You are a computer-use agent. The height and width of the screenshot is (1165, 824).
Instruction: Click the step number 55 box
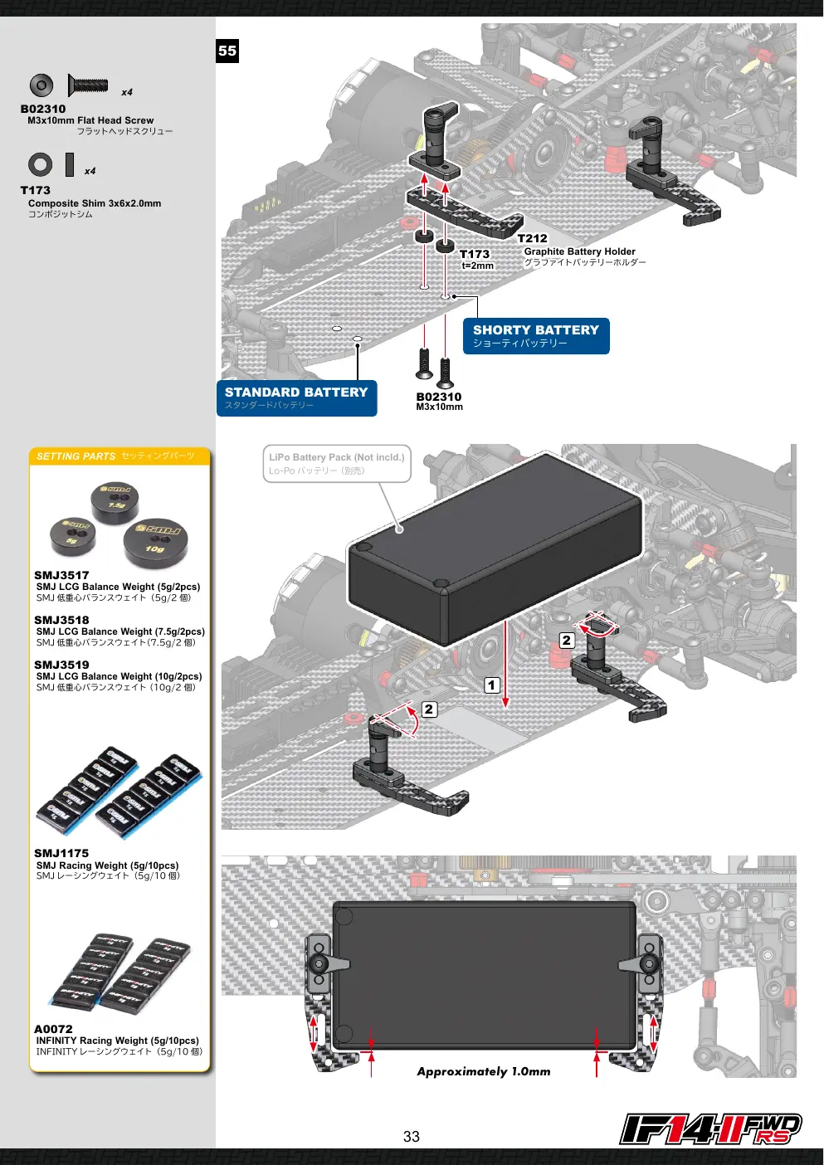tap(227, 51)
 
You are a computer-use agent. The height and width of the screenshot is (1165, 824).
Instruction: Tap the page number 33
tap(411, 1137)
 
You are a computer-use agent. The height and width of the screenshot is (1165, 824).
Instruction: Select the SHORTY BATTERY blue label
tap(536, 336)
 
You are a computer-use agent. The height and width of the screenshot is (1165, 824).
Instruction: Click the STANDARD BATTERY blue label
tap(296, 398)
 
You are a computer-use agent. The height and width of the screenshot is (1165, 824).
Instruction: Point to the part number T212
tap(532, 238)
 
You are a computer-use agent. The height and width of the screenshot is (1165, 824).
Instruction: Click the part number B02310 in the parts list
tap(43, 109)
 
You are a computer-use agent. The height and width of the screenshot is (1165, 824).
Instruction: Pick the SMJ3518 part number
tap(61, 620)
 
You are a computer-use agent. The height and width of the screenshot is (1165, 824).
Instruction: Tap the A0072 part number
tap(53, 1029)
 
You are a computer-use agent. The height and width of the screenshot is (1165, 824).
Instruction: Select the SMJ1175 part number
tap(61, 853)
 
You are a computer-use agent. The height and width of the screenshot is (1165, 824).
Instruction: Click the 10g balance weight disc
tap(155, 541)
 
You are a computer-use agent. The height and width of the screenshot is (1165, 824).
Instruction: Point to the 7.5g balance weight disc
tap(115, 502)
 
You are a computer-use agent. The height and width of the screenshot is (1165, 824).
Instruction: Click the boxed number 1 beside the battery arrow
tap(492, 685)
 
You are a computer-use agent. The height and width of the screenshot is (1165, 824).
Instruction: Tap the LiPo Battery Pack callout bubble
tap(337, 463)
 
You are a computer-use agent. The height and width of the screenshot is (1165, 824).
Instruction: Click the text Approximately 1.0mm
tap(484, 1071)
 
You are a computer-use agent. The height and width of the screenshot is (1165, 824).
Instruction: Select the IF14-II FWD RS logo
tap(710, 1129)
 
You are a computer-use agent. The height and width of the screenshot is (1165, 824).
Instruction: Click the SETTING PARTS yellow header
tap(119, 456)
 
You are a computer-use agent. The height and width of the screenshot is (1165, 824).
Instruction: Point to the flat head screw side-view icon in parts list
tap(88, 85)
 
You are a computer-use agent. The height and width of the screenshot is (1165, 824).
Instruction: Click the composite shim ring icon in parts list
tap(40, 165)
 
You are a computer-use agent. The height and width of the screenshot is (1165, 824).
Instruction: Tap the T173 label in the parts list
tap(36, 190)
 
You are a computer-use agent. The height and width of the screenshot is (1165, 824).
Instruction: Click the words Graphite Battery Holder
tap(579, 251)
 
